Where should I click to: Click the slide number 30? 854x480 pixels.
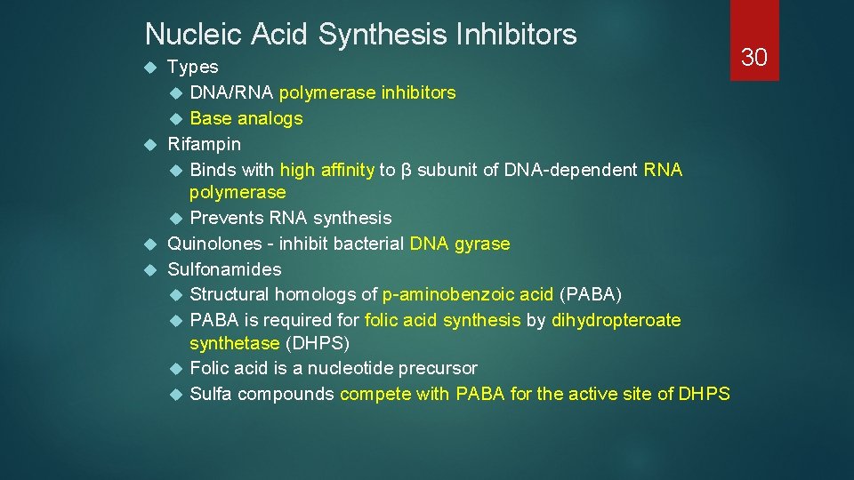click(x=754, y=58)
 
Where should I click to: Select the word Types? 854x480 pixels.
click(x=192, y=67)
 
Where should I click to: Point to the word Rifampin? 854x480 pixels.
click(x=204, y=143)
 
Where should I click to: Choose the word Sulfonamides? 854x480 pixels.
click(x=224, y=269)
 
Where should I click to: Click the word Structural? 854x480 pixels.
click(x=230, y=294)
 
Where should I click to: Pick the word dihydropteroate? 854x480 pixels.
click(x=616, y=320)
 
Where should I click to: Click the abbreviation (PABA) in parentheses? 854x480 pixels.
click(x=590, y=294)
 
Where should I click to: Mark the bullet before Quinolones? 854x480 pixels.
click(x=151, y=244)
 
